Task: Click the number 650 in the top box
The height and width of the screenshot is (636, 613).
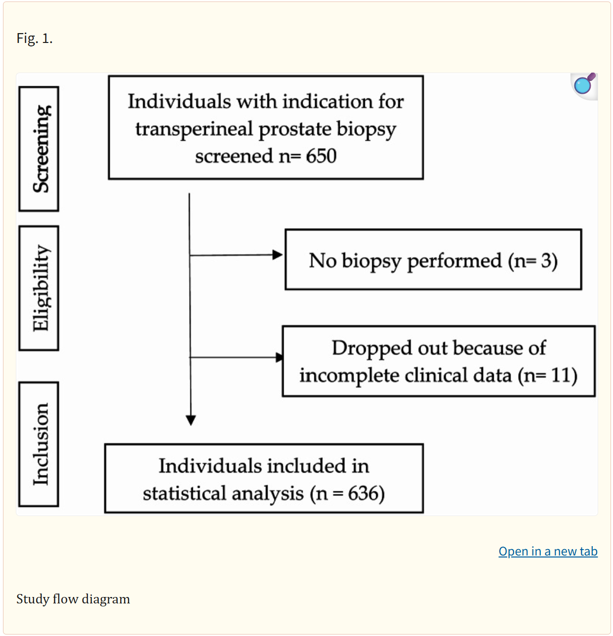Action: point(321,156)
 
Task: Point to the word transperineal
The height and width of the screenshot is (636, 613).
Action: point(194,129)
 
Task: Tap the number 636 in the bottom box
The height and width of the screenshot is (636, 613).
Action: point(363,493)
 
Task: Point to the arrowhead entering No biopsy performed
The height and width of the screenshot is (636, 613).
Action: point(277,255)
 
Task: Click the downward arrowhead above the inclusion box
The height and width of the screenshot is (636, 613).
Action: point(191,420)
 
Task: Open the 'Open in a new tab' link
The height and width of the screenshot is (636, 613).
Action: point(548,552)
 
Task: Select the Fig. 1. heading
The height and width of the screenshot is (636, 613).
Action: point(35,39)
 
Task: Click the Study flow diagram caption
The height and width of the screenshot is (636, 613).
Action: point(73,599)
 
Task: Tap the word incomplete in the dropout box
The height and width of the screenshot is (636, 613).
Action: point(349,376)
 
